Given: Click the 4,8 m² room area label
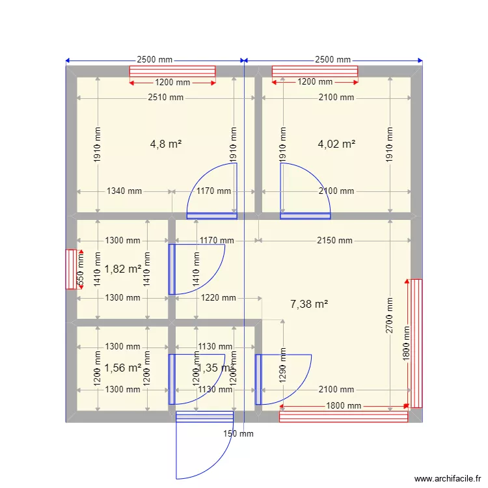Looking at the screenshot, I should (165, 144).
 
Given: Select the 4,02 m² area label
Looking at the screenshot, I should (336, 144).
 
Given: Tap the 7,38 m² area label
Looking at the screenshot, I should (309, 303).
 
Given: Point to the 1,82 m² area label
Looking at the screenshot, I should (123, 269).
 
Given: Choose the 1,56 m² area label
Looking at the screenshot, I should (123, 368).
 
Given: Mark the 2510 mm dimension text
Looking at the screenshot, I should (165, 98).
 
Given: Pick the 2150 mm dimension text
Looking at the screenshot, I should (334, 241).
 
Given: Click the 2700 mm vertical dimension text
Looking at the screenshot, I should (390, 316).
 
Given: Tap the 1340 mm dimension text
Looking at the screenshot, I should (124, 191).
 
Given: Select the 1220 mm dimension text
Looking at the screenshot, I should (218, 298).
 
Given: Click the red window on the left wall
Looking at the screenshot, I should (71, 269).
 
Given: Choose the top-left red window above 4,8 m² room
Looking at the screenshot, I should (172, 72).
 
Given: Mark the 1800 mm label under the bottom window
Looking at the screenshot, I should (344, 406).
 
